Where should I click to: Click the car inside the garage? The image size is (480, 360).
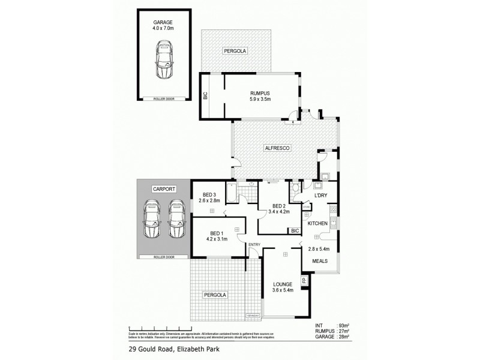coord(164,61)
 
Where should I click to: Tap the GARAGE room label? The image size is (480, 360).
coord(164,22)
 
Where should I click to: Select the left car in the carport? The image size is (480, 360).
coord(151,220)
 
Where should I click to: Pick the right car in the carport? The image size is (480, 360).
coord(175,220)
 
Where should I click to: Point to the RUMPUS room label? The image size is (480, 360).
coord(260,93)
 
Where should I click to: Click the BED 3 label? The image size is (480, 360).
coord(209,194)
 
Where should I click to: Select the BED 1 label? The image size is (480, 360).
coord(217,233)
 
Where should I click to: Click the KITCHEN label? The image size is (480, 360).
coord(317,223)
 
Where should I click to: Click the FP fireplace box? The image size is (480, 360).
coord(304,280)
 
